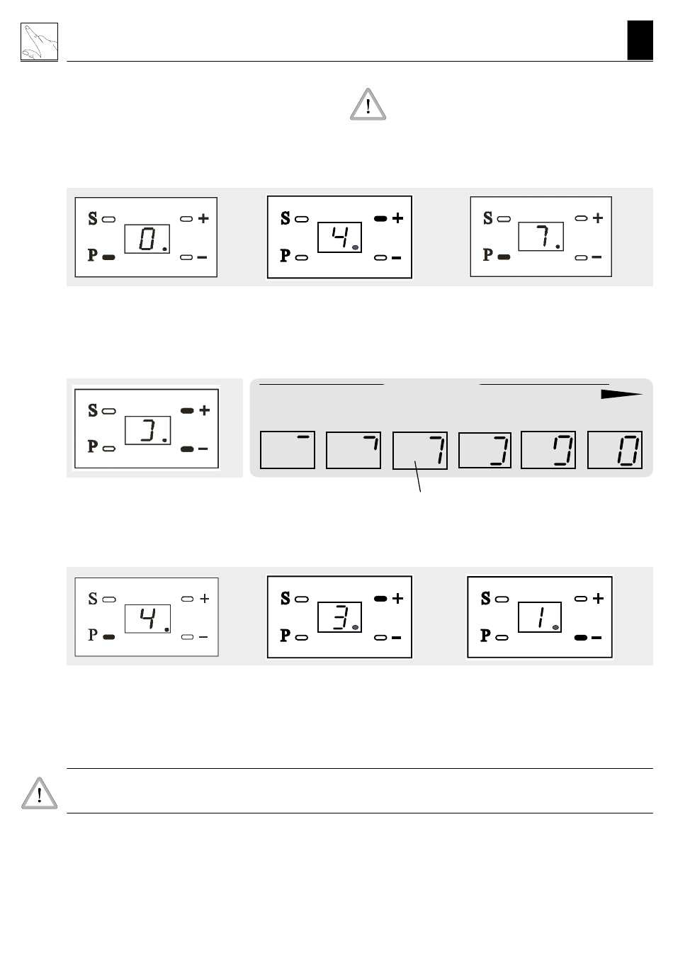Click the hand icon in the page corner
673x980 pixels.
coord(39,42)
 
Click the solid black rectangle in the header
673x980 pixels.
coord(640,40)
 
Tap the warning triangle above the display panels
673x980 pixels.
coord(368,105)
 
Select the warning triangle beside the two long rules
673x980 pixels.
coord(40,793)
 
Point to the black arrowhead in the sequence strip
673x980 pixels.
coord(621,394)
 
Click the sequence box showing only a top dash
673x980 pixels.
coord(288,450)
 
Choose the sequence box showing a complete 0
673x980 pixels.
coord(614,450)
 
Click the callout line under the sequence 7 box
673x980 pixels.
coord(418,476)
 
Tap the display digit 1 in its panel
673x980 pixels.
coord(542,617)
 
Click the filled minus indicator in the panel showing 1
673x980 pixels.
coord(581,638)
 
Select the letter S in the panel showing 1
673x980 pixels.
coord(485,598)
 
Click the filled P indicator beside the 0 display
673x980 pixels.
coord(108,257)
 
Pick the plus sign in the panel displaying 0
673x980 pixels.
coord(203,218)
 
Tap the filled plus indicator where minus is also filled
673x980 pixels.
coord(187,411)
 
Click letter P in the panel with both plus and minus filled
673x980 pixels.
coord(92,446)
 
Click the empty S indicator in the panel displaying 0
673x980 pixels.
coord(108,219)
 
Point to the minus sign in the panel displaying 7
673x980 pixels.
coord(596,257)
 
